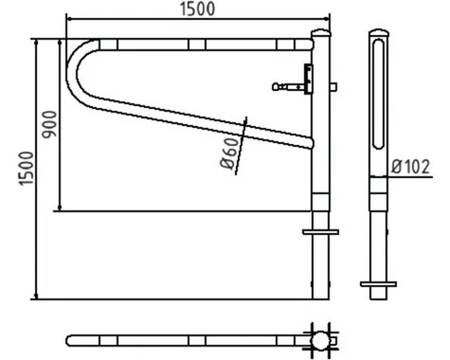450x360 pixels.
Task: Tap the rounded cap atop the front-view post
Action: pos(319,35)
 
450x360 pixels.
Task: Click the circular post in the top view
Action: pos(319,340)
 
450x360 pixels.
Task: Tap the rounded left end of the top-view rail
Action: pos(73,340)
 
